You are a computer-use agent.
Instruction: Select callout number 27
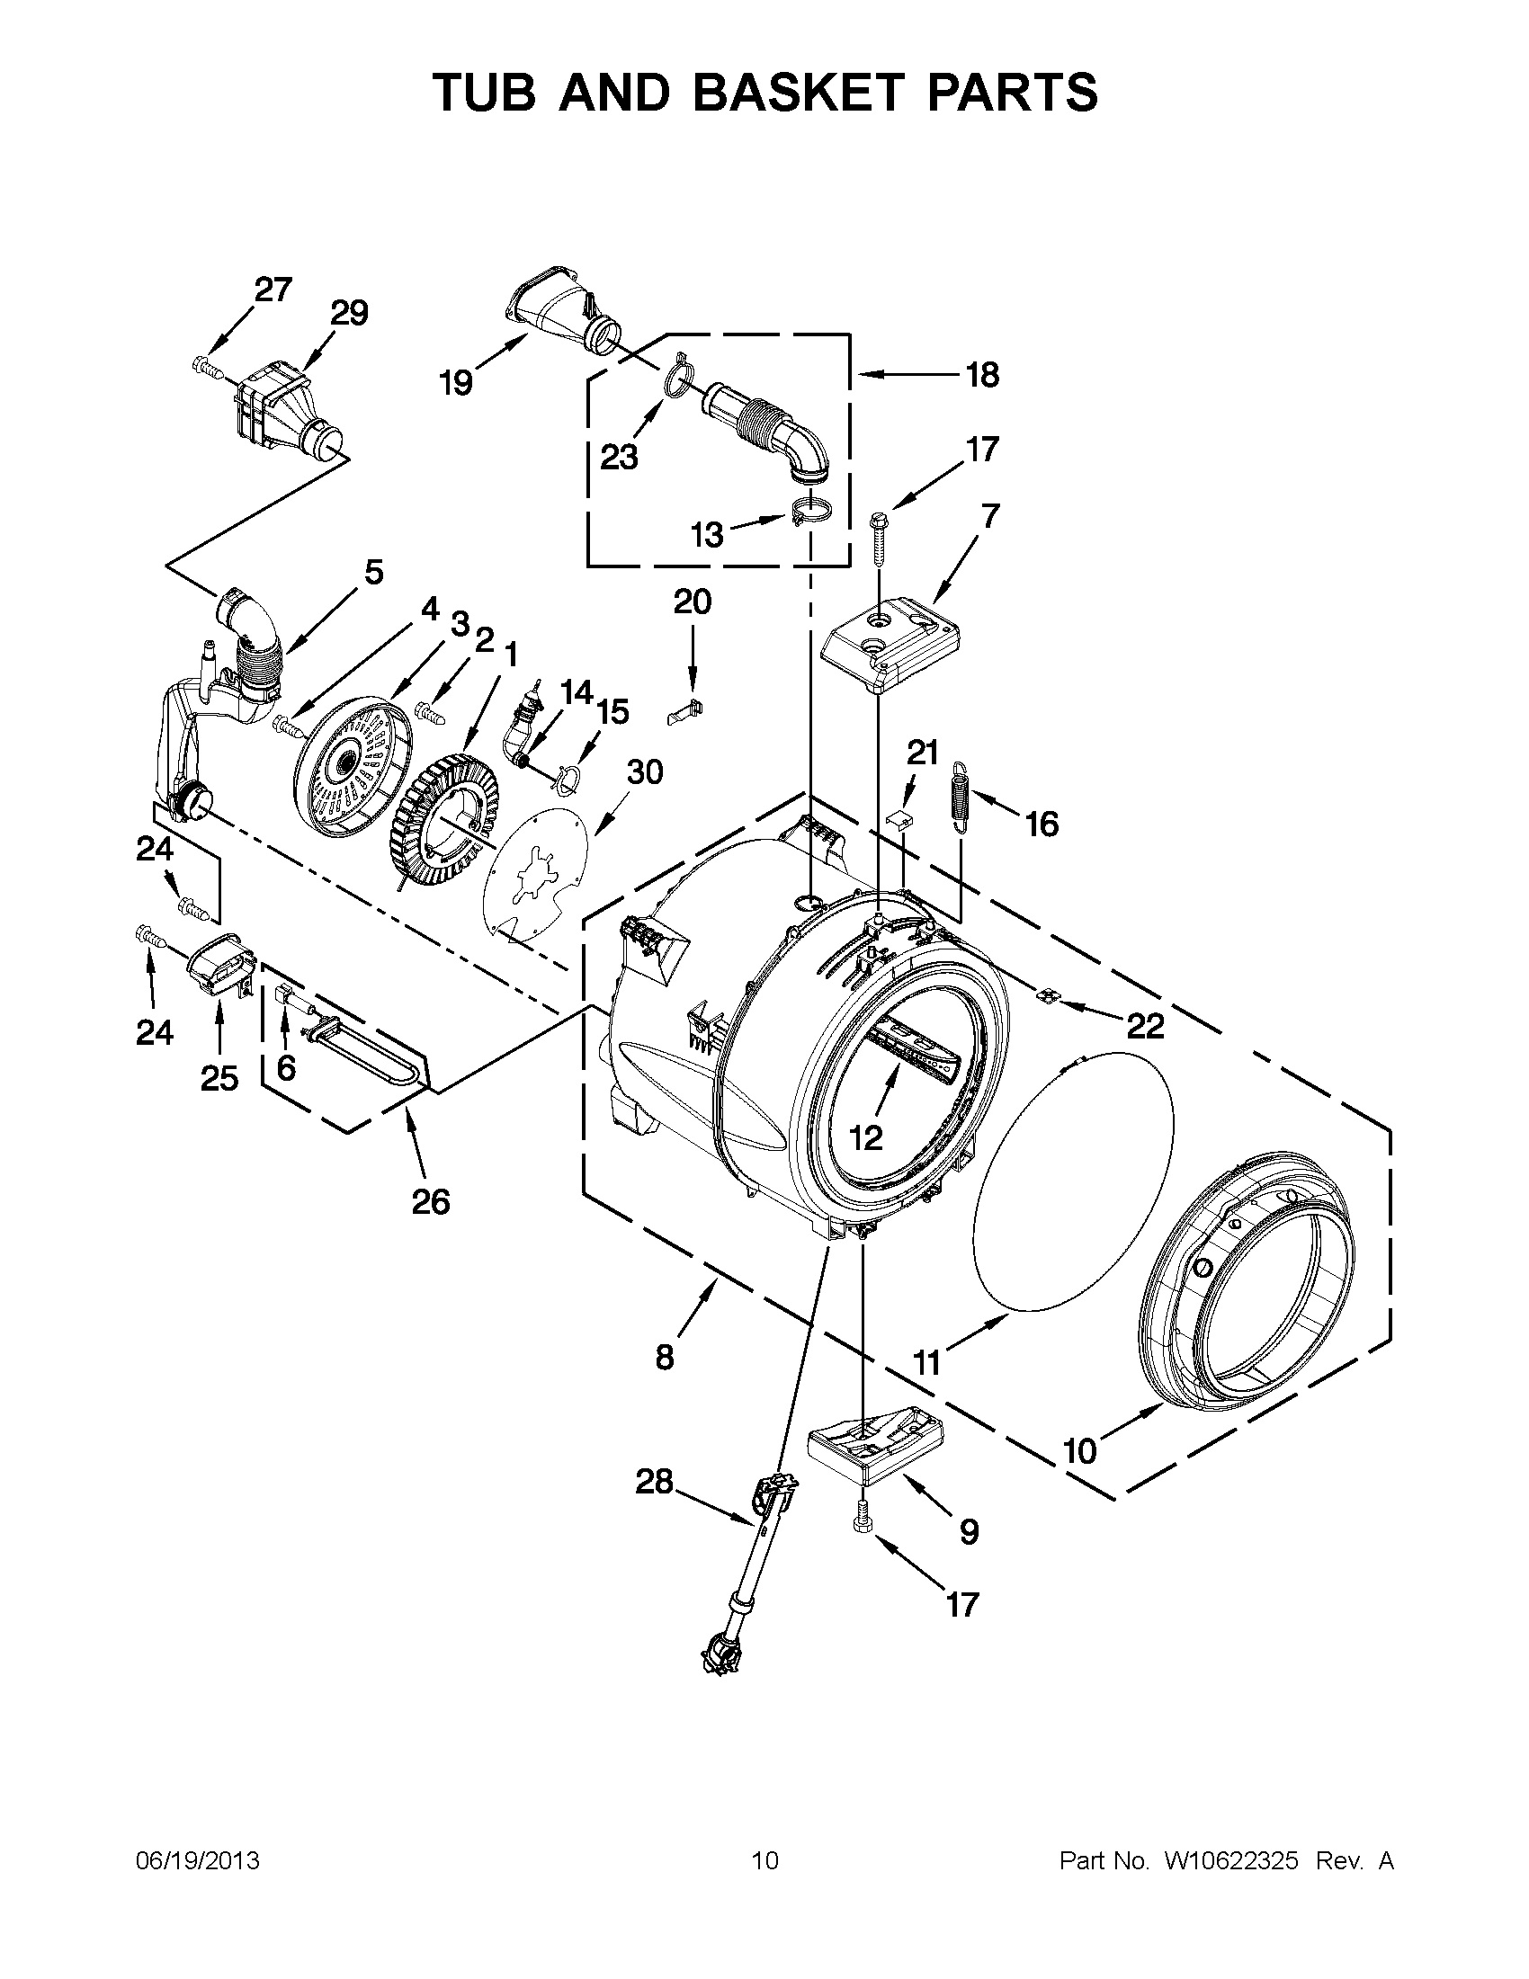click(273, 289)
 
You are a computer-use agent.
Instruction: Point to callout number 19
click(456, 383)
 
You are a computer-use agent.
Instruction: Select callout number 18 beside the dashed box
click(982, 373)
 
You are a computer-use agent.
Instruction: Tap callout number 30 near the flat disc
click(644, 772)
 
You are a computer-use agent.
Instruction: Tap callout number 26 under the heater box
click(431, 1201)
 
